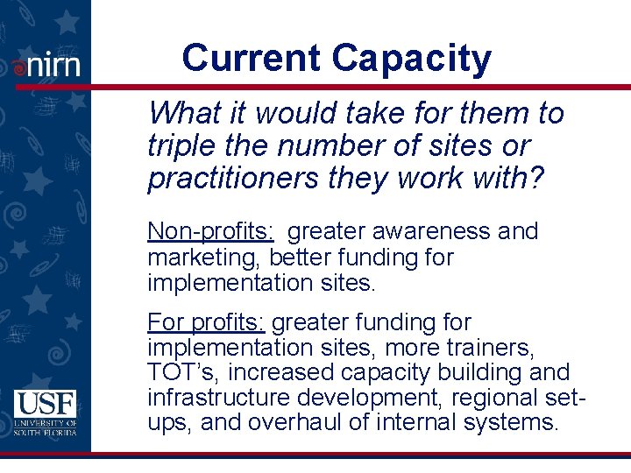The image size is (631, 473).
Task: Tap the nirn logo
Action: point(47,65)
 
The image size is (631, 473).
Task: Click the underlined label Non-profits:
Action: point(211,231)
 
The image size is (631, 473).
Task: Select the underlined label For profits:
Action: point(206,322)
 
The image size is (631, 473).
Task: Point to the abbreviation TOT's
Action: point(181,372)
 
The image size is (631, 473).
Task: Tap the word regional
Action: point(495,398)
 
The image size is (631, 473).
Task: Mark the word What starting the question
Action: point(182,113)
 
